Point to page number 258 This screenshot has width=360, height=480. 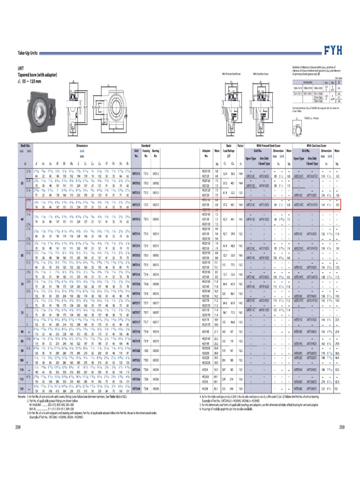[18, 427]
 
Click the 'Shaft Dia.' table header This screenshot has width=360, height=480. [25, 147]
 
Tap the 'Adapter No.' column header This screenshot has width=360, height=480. [205, 153]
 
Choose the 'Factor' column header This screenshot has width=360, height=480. [240, 147]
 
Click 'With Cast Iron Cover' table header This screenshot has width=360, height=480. [319, 147]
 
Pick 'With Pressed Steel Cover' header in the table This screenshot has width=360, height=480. [268, 147]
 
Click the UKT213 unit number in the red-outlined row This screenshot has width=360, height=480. [136, 205]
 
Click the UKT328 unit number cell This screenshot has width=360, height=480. [136, 389]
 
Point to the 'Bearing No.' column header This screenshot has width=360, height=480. [156, 153]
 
